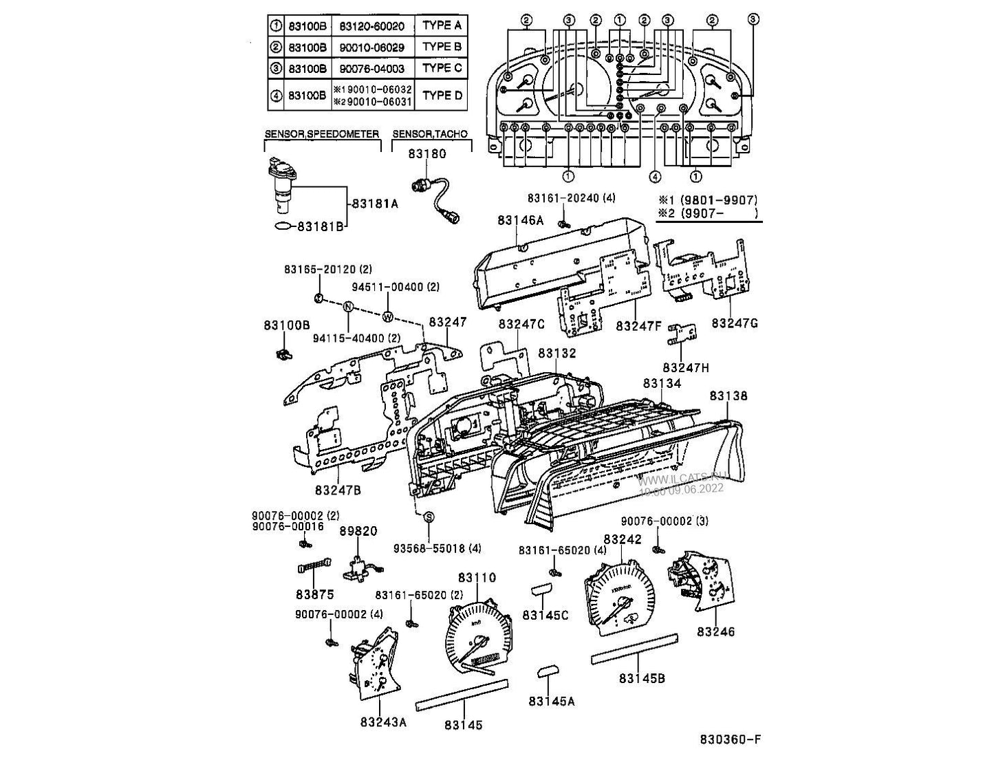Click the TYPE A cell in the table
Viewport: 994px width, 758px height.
pos(442,26)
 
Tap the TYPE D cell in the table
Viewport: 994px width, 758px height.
pos(442,95)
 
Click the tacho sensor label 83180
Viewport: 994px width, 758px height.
pos(426,154)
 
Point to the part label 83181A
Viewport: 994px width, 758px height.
pos(374,204)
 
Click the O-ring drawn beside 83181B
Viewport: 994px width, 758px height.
pos(283,226)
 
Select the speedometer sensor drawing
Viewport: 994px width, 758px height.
pos(283,184)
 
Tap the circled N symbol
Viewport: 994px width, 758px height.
pos(349,307)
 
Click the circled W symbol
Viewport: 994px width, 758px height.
pos(388,317)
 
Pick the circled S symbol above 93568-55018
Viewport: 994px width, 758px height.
pos(428,517)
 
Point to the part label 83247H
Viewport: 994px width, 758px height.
pos(685,367)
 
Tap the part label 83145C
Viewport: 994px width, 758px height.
pos(545,615)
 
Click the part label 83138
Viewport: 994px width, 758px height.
pos(728,396)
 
